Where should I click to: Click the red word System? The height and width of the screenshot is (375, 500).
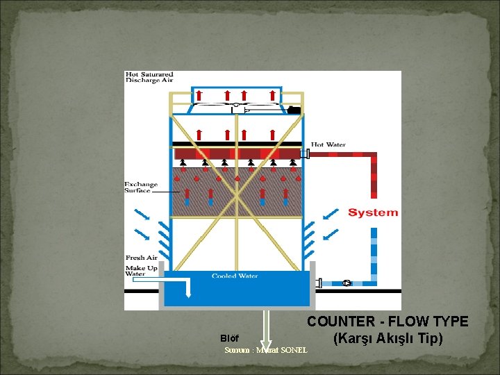[x=373, y=212]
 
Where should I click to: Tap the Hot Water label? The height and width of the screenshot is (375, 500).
[x=328, y=144]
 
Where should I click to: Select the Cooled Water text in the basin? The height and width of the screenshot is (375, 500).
[x=235, y=276]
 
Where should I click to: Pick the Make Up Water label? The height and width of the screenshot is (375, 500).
[x=141, y=270]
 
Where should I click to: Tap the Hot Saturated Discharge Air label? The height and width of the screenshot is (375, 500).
[x=149, y=77]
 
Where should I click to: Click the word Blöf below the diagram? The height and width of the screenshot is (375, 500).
[x=229, y=338]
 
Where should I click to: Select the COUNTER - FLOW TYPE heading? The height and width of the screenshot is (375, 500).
[x=387, y=322]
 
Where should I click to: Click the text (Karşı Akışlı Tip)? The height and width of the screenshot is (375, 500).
[x=387, y=339]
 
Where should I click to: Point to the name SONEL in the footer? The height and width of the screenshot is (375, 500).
[x=292, y=350]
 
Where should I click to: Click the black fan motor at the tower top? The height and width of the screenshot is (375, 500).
[x=293, y=109]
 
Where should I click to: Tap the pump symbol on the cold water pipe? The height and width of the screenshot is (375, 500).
[x=347, y=283]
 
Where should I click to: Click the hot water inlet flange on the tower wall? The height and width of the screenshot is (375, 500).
[x=305, y=153]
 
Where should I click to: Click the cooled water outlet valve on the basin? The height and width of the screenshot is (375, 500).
[x=319, y=283]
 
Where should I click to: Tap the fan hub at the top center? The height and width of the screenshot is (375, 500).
[x=236, y=108]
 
